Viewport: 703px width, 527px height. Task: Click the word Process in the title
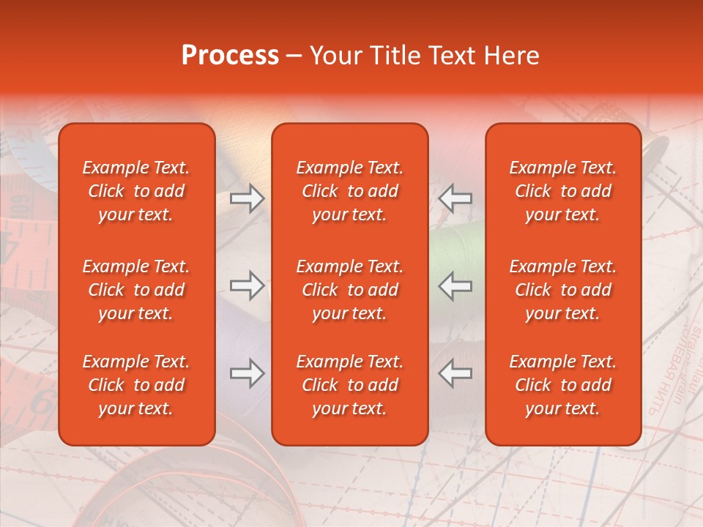(230, 56)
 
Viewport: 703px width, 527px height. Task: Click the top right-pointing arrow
(248, 198)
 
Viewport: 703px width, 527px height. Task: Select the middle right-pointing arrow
(248, 286)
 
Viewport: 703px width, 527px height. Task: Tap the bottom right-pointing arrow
(248, 374)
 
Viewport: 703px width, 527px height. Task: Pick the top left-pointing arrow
(455, 198)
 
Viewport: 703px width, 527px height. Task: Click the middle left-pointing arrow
(455, 286)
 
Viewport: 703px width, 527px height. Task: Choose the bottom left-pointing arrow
(455, 374)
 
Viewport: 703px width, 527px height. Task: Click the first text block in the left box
(136, 191)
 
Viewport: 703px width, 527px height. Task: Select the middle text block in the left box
(136, 290)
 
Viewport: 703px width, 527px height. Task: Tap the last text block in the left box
(136, 385)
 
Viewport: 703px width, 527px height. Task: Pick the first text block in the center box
(349, 191)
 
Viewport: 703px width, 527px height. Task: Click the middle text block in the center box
(349, 290)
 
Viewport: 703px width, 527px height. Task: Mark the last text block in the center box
(349, 385)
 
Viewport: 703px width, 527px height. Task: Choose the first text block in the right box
(563, 191)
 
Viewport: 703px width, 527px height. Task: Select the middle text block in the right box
(563, 290)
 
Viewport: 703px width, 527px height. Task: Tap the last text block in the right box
(563, 385)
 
